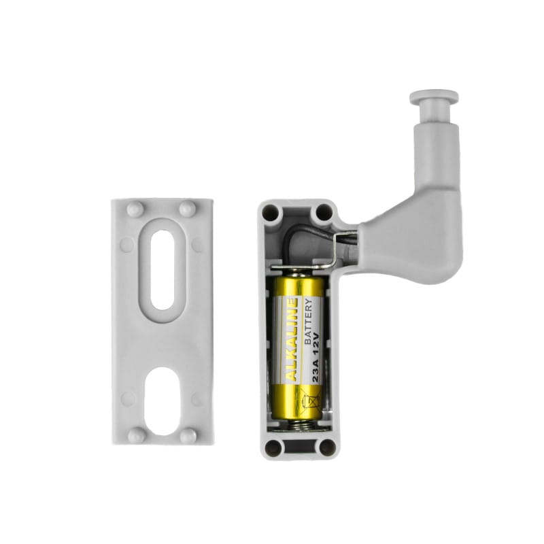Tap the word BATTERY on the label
[308, 322]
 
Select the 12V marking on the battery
[316, 343]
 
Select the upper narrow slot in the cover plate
[163, 270]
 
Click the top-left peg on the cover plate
[135, 209]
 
